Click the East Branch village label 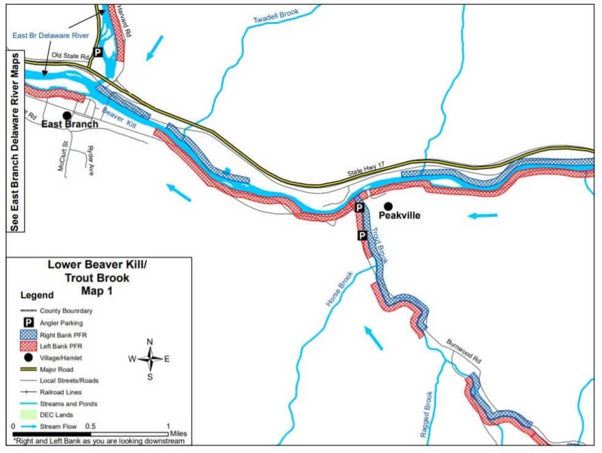(x=69, y=124)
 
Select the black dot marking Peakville (x=388, y=206)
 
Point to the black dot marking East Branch (x=66, y=115)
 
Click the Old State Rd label (x=69, y=55)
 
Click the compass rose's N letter (x=150, y=343)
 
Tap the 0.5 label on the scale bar (x=90, y=426)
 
